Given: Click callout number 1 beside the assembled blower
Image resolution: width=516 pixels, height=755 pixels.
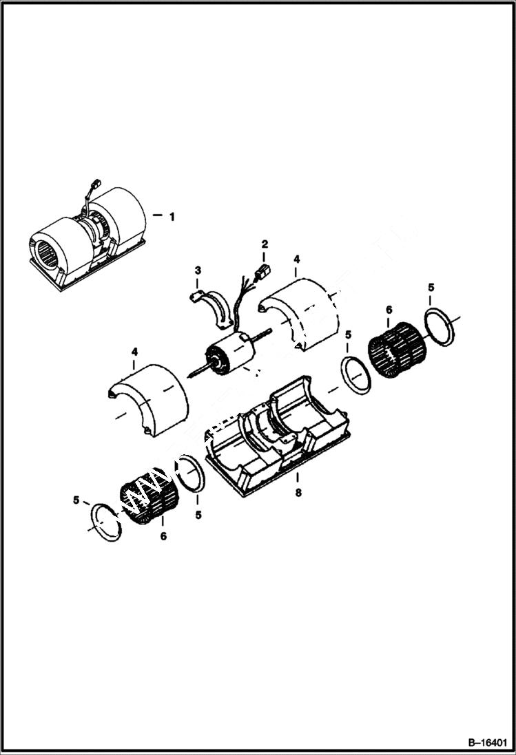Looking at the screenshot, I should pyautogui.click(x=172, y=216).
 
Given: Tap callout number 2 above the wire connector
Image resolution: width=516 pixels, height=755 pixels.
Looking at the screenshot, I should pyautogui.click(x=265, y=244).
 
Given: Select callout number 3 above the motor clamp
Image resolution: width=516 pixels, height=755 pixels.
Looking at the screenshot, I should pyautogui.click(x=197, y=270).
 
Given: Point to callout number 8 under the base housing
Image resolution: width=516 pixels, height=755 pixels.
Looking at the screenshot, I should pyautogui.click(x=298, y=493).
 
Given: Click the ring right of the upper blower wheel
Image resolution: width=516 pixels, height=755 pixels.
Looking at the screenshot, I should pyautogui.click(x=439, y=327).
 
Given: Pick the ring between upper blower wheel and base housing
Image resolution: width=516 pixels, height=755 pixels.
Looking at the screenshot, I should pyautogui.click(x=357, y=376).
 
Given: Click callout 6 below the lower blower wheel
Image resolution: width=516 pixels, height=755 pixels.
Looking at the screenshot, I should pyautogui.click(x=163, y=537).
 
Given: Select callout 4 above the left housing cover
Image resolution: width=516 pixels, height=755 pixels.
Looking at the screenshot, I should pyautogui.click(x=134, y=352).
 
